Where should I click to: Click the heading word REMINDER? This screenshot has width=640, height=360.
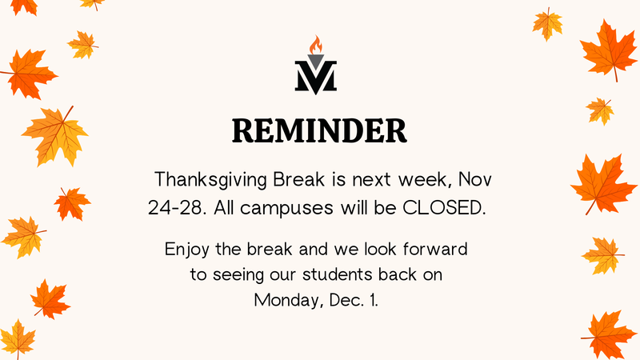coord(319,130)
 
